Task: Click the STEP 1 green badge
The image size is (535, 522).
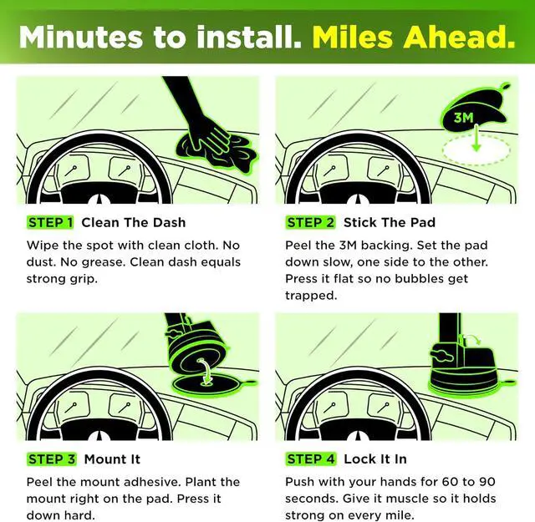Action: coord(50,223)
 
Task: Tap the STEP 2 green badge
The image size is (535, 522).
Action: coord(310,223)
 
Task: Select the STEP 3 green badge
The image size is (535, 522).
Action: coord(52,459)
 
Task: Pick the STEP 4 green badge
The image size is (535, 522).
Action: coord(311,459)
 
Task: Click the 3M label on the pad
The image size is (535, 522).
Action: coord(464,118)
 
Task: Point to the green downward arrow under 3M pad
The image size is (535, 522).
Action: coord(476,139)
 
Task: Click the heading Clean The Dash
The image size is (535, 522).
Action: coord(134,223)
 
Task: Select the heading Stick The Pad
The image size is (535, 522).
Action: coord(390,223)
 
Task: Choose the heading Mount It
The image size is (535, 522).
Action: coord(112,459)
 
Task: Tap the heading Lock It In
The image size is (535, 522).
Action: coord(375,459)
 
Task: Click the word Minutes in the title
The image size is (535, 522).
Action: coord(80,37)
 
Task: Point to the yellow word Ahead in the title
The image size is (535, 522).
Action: coord(459,37)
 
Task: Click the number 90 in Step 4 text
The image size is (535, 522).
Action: coord(487,482)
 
